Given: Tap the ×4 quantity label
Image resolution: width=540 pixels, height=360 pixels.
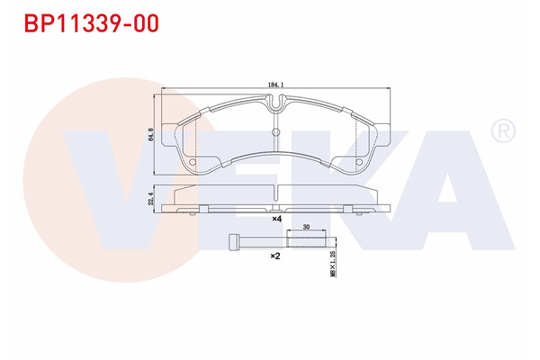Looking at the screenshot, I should coord(278,219).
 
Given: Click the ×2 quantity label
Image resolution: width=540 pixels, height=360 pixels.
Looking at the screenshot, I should coord(276,256).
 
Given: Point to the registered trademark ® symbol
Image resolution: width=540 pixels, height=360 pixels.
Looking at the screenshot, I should coord(500,131).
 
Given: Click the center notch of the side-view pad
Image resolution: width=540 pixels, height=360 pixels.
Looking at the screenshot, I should coord(277,192).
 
